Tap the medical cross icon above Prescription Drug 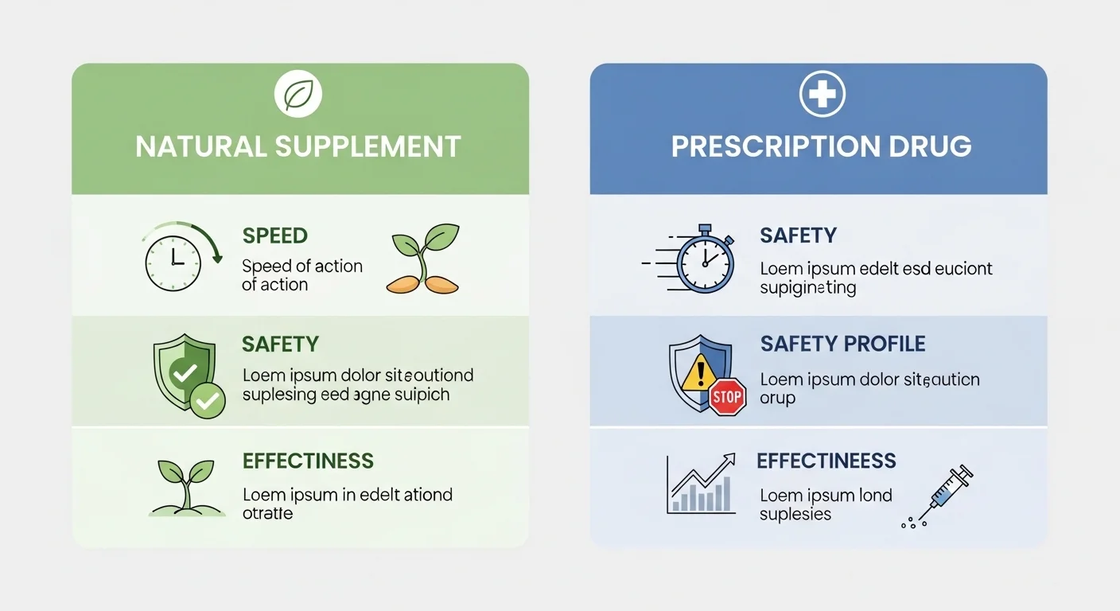click(822, 96)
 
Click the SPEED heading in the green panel click(274, 236)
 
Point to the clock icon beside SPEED click(173, 262)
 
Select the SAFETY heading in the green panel click(280, 344)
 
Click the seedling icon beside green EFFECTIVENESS click(186, 488)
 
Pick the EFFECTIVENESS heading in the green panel click(308, 461)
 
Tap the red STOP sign click(727, 397)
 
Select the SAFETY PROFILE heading click(842, 344)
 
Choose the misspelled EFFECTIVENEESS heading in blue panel click(826, 461)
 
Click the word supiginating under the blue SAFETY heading click(807, 288)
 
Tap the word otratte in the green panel click(267, 514)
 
